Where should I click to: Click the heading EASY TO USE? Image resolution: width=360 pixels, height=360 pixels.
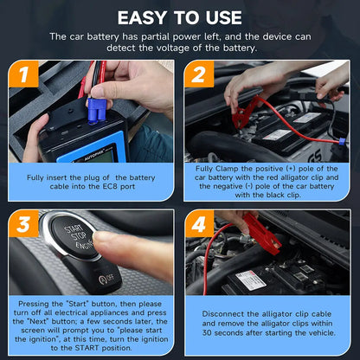pos(179,16)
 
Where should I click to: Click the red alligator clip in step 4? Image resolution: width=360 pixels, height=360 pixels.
pos(262,232)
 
